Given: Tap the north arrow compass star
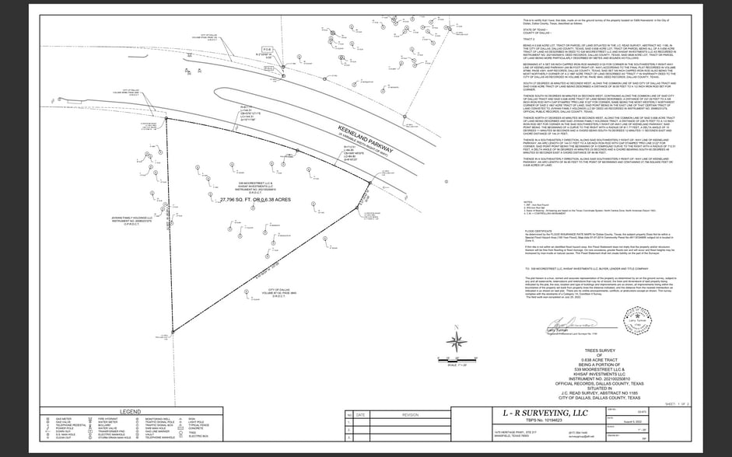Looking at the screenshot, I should pos(457,340).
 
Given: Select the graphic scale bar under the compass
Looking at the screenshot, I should pos(457,359).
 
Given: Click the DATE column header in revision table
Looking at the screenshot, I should pos(359,415).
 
